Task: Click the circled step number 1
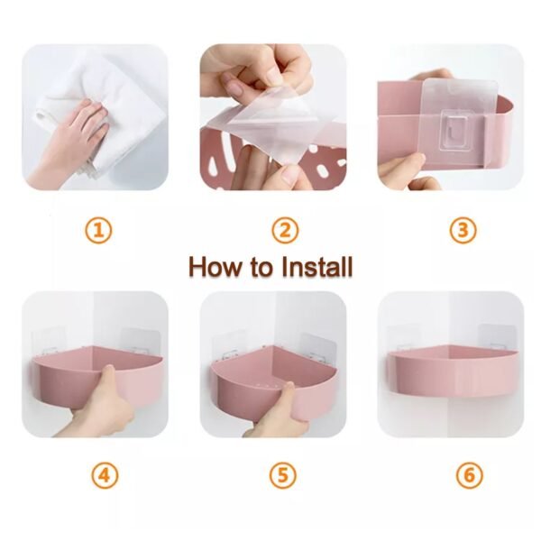[x=100, y=231]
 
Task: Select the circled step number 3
[x=463, y=231]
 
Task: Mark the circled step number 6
[x=468, y=474]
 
